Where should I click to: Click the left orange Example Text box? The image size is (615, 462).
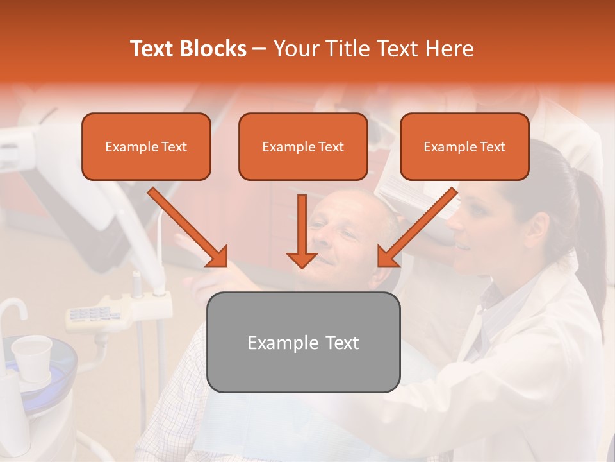coord(146,147)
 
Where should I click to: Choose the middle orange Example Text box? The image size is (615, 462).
coord(303,147)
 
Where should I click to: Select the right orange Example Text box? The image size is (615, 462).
coord(464,147)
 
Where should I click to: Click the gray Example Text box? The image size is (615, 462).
coord(303,342)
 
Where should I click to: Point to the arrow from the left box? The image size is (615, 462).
coord(188,227)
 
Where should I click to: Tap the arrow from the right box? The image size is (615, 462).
coord(417,227)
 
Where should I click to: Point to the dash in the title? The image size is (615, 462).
coord(260,49)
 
